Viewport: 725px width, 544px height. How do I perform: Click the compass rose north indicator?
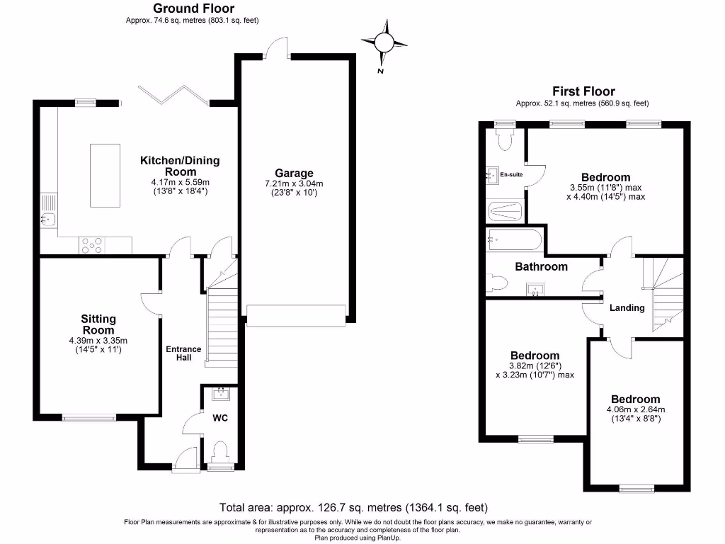coord(383,42)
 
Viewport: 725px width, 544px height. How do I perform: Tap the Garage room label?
coord(294,173)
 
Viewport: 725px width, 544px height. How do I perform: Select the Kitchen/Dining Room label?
coord(180,166)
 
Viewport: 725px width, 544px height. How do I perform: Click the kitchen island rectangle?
coord(105,175)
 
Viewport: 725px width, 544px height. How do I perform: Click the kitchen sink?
coord(47,220)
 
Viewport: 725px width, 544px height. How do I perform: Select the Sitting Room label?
coord(98,324)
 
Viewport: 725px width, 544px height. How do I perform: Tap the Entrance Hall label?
coord(183,353)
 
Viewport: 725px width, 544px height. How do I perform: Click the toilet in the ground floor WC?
coord(220,451)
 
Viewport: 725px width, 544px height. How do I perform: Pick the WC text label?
coord(220,418)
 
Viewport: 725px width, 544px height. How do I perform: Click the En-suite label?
coord(510,174)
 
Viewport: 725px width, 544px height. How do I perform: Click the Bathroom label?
coord(541,267)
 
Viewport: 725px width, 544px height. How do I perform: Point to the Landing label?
coord(627,308)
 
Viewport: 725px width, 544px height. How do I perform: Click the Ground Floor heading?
coord(194,8)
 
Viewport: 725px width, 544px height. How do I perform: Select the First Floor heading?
coord(583,91)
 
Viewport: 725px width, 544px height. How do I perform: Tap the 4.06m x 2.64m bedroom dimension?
coord(636,409)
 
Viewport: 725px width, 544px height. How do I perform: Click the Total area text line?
coord(353,508)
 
